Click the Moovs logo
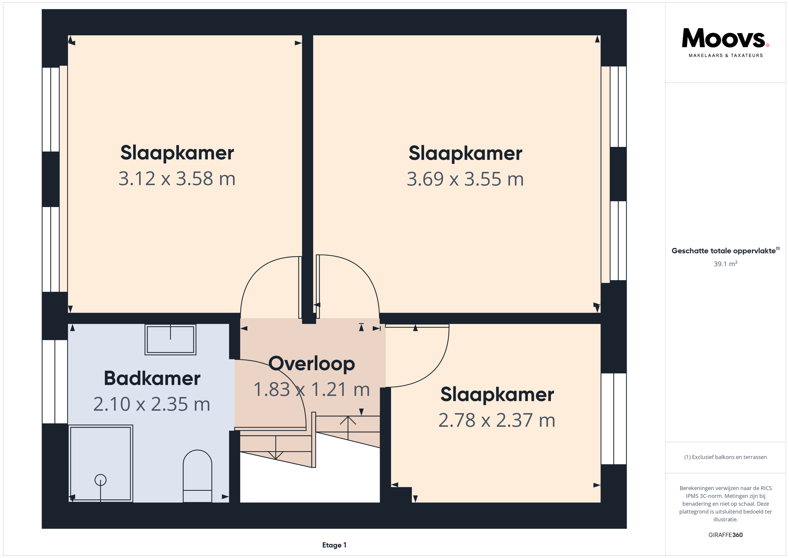tap(725, 42)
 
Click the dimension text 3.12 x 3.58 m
tap(177, 179)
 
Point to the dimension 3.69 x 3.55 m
tap(465, 179)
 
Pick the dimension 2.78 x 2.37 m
tap(497, 420)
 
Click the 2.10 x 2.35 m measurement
tap(151, 404)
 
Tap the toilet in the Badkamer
tap(197, 476)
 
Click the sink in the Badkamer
tap(170, 339)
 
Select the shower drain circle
tap(100, 480)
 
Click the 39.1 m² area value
tap(725, 264)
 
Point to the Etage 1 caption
tap(334, 545)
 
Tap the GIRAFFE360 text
tap(725, 535)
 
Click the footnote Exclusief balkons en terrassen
tap(725, 457)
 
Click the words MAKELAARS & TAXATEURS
tap(725, 55)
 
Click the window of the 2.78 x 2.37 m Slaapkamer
tap(614, 419)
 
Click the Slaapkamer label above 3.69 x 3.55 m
tap(465, 153)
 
